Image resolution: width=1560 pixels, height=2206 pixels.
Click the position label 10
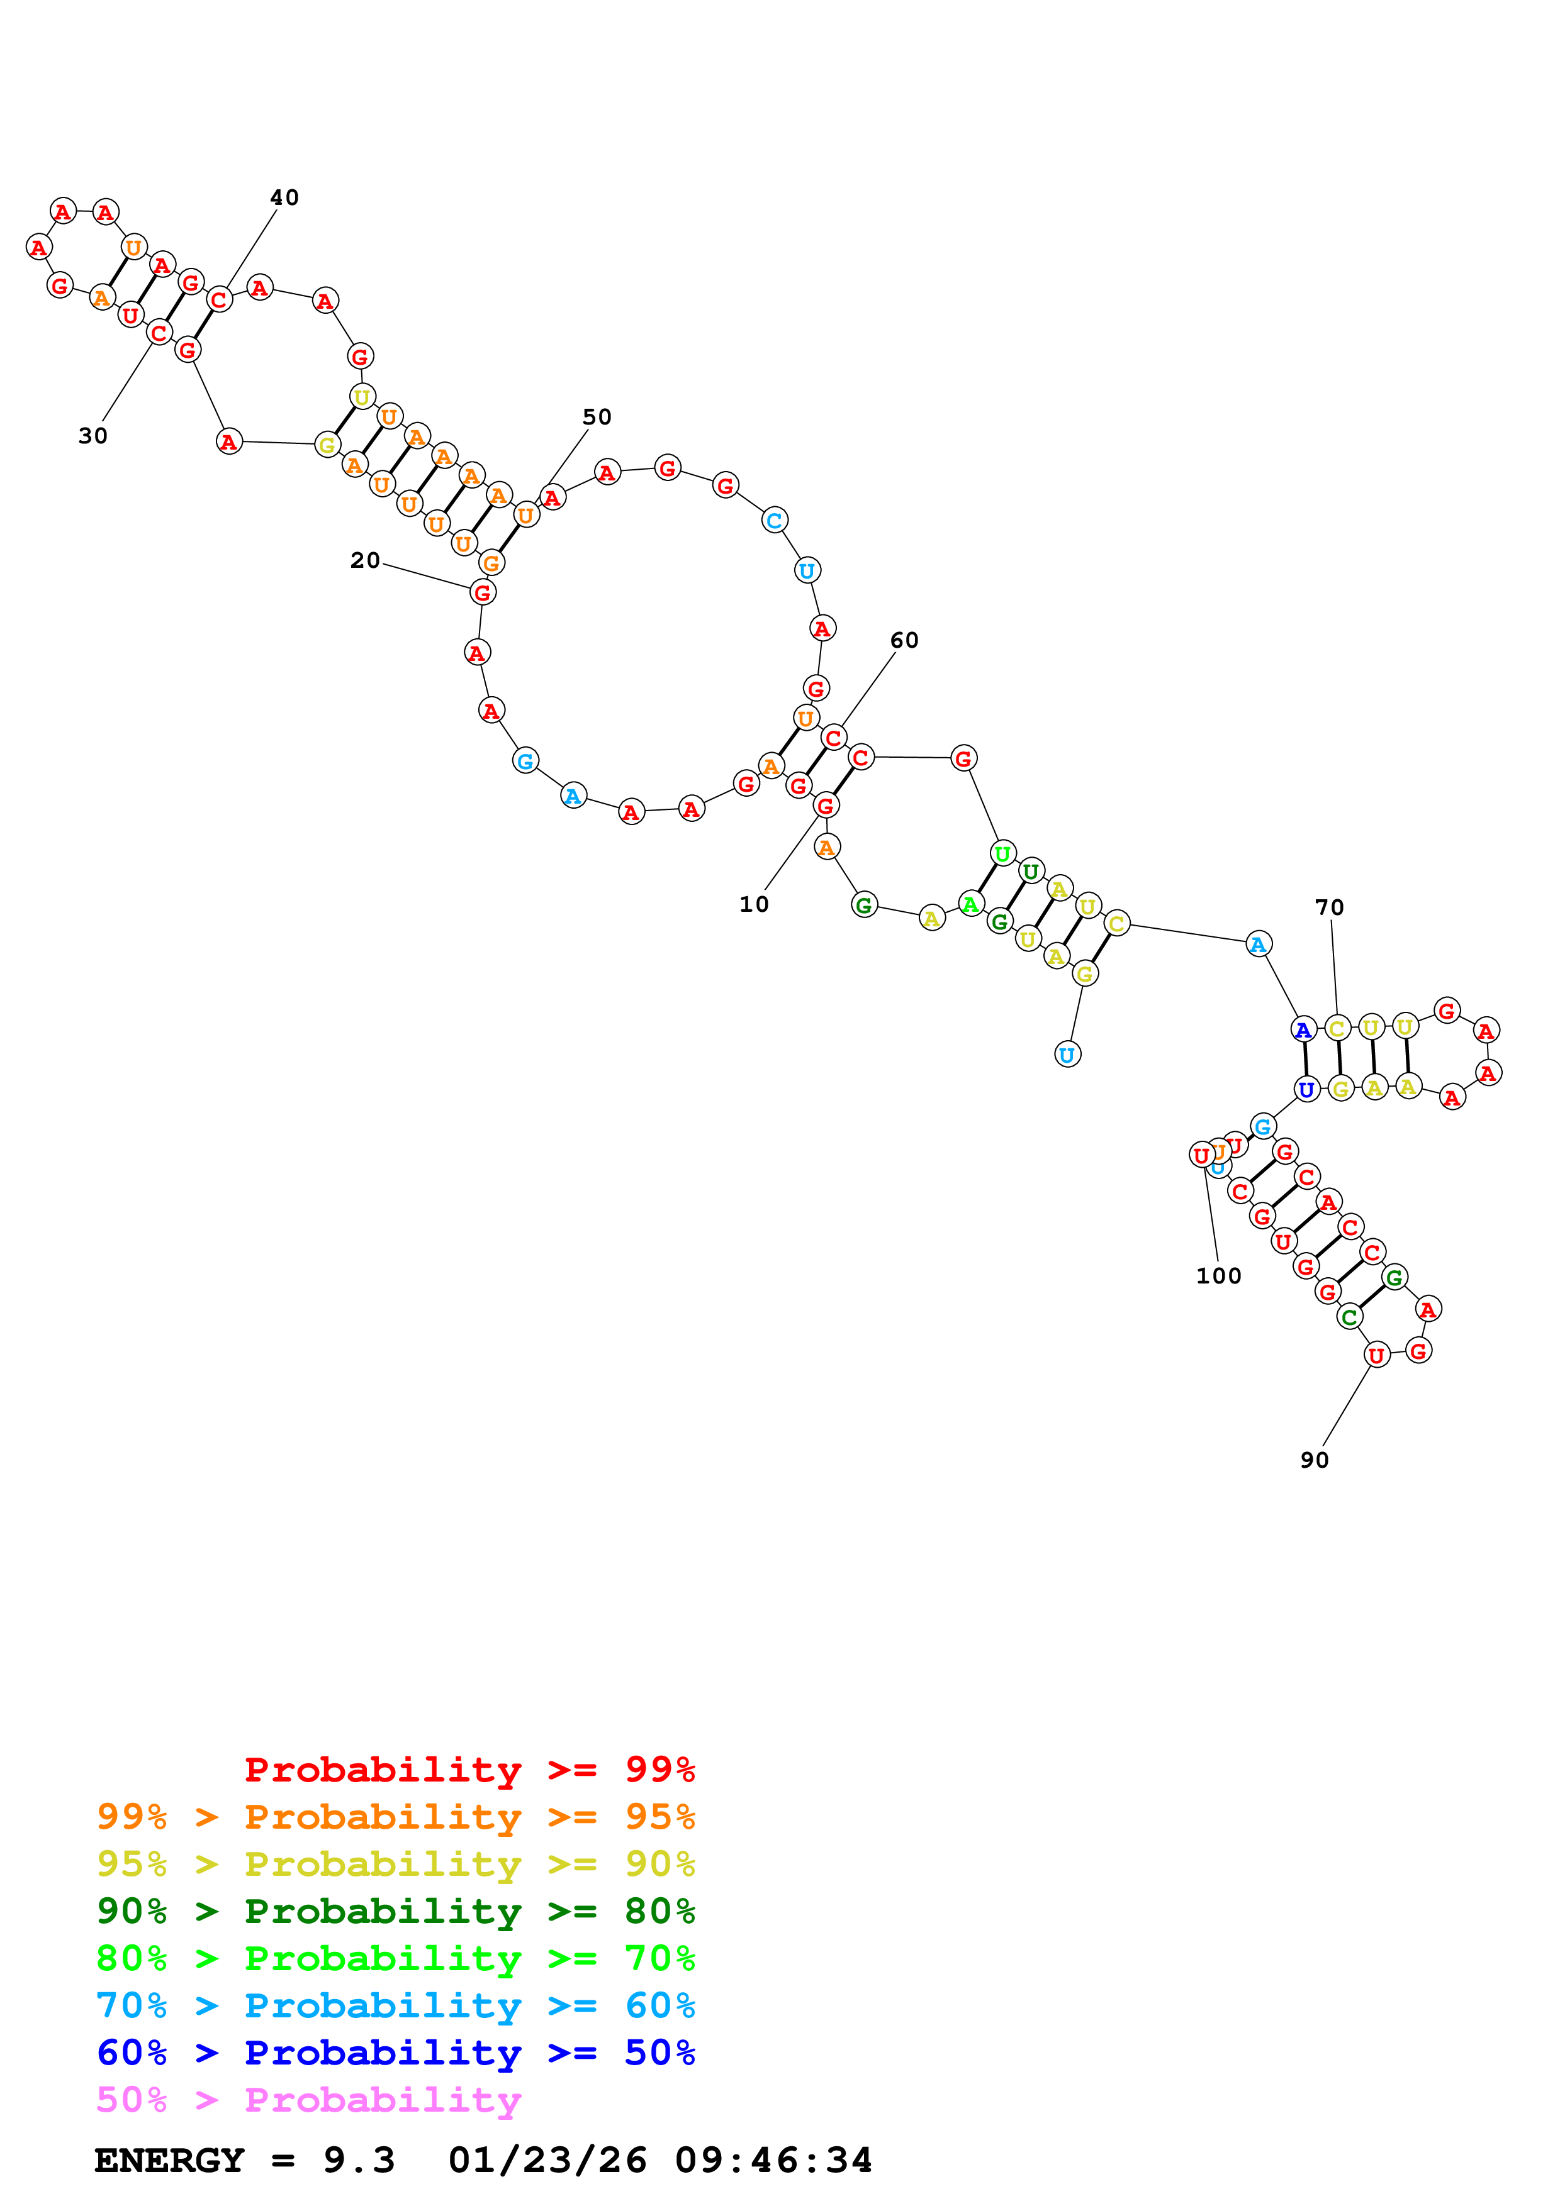753,904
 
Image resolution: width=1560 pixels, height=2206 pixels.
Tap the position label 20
364,560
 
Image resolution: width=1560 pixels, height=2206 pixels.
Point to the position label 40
284,197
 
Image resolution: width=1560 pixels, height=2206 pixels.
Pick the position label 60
904,640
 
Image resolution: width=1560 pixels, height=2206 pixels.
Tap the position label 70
1328,907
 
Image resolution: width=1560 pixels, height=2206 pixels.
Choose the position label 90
1314,1460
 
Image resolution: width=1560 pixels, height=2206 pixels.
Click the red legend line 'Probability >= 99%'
469,1769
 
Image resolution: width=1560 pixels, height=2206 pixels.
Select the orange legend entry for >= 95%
395,1816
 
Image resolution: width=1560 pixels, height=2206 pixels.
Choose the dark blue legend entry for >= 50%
395,2053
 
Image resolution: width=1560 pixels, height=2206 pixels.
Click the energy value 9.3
359,2160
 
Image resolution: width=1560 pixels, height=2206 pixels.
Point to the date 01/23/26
547,2160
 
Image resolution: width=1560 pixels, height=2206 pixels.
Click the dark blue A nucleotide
1303,1030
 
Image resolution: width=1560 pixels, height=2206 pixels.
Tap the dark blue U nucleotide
1305,1090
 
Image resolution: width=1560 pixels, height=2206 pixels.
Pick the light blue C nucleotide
774,521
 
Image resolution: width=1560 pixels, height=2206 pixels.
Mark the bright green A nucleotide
971,904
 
